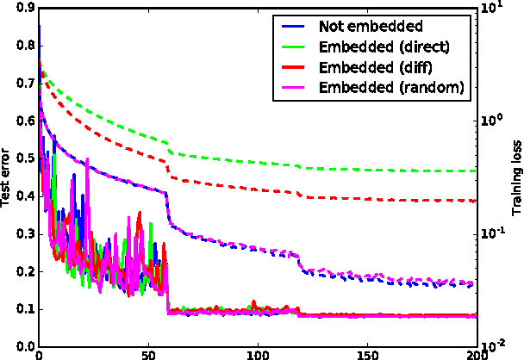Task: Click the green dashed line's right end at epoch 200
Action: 476,171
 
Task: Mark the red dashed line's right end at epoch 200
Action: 476,201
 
